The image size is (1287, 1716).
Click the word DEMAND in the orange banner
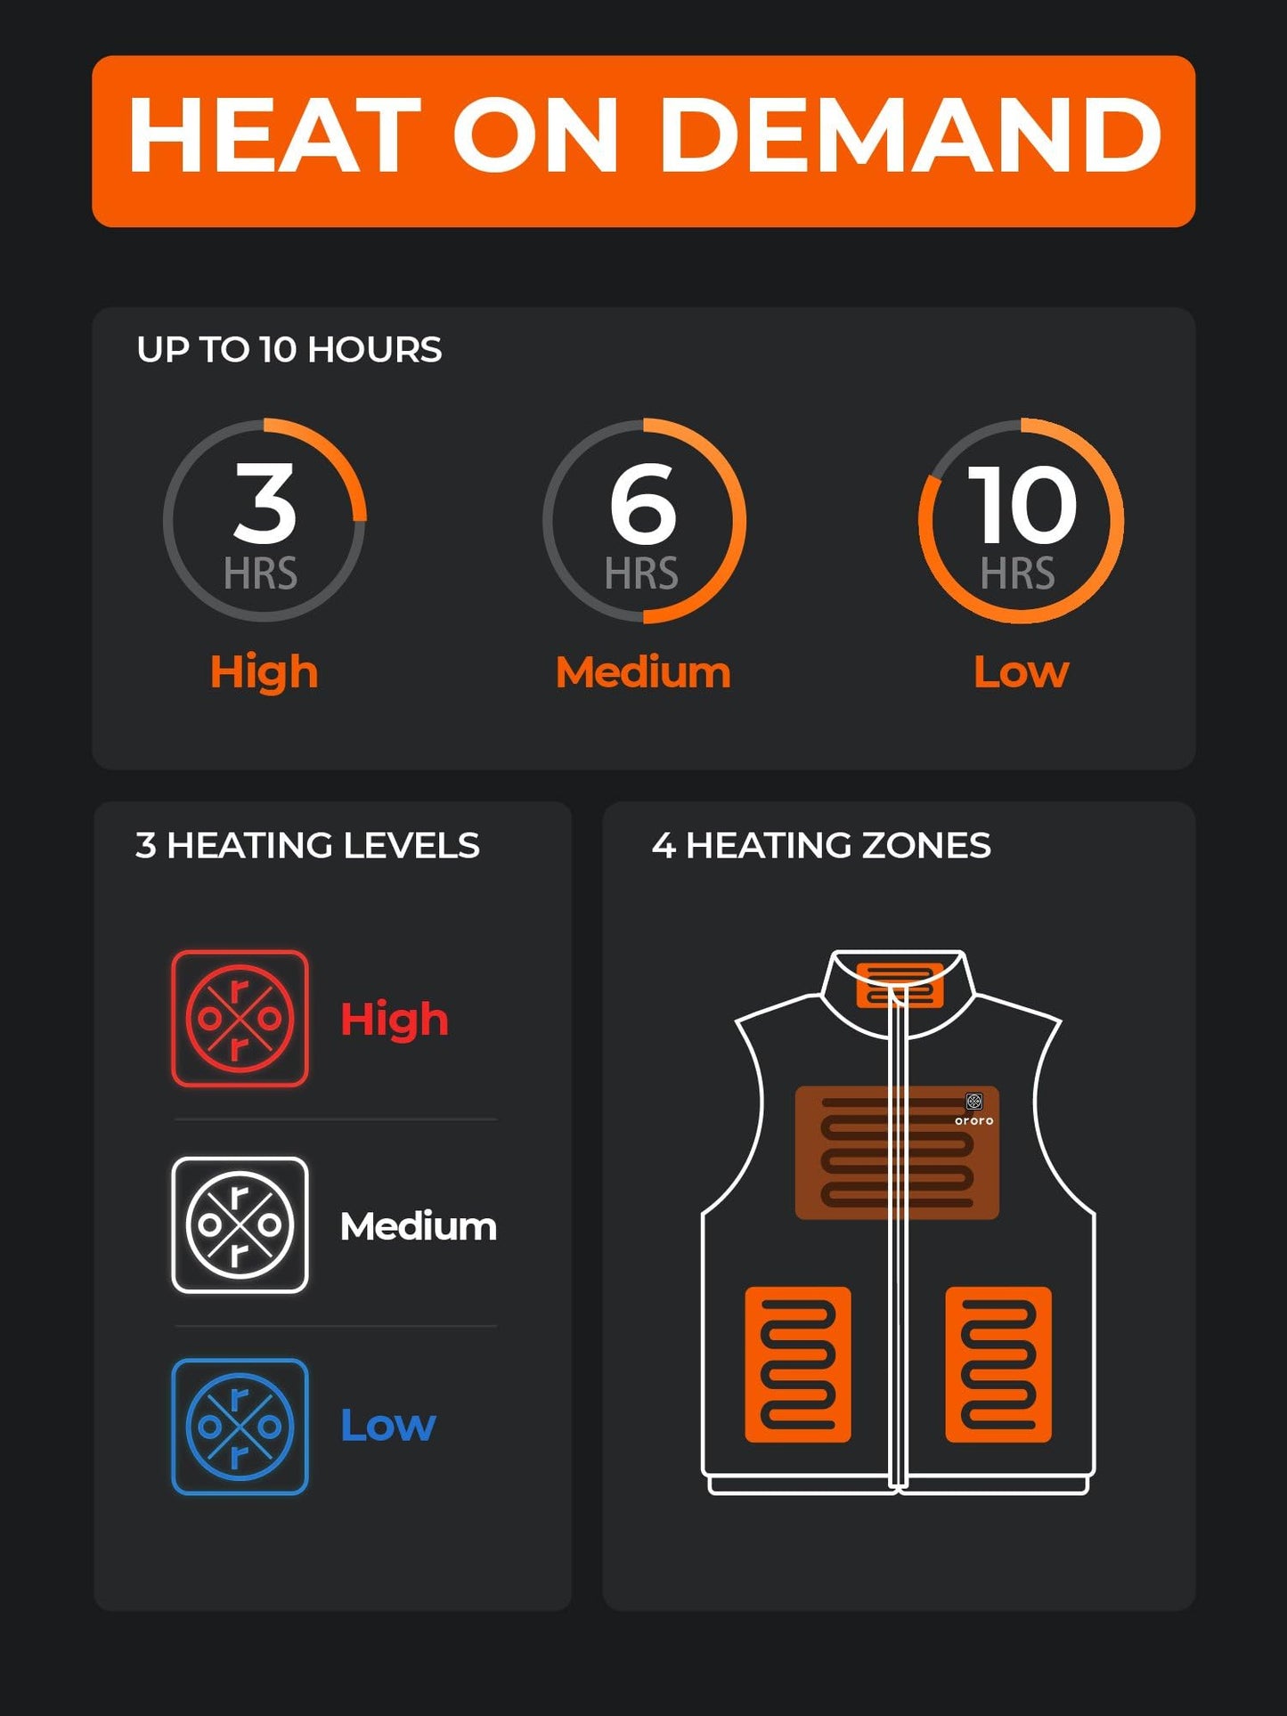pos(910,135)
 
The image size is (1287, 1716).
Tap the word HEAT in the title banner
pos(274,135)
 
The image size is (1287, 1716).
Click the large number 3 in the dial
pos(265,503)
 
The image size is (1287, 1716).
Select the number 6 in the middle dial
pos(643,505)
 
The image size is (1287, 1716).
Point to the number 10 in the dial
pos(1022,505)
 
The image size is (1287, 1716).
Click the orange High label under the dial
pos(264,671)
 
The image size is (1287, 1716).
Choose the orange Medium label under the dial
pos(643,671)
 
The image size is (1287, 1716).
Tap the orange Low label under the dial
pos(1021,671)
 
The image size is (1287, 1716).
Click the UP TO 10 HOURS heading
pos(289,349)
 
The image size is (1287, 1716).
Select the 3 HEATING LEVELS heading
pos(307,845)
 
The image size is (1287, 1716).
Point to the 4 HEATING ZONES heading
pos(820,845)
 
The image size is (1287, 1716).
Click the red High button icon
pos(240,1018)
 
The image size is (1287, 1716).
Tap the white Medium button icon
pos(240,1224)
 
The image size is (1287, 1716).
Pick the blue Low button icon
pos(240,1426)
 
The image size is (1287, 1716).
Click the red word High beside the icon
pos(394,1019)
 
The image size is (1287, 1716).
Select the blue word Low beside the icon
pos(388,1425)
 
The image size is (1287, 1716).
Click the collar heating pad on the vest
pos(900,985)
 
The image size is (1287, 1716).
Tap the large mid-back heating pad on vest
pos(896,1152)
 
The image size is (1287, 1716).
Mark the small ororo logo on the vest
pos(974,1108)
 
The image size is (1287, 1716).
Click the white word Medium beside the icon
pos(418,1226)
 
